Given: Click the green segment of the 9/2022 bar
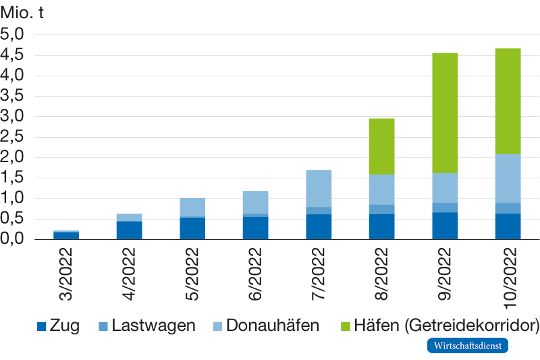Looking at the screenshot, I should pos(445,113).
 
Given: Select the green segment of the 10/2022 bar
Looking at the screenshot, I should pos(508,101).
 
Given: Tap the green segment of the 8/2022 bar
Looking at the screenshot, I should pos(381,146).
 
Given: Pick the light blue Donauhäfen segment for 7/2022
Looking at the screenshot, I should pos(318,188).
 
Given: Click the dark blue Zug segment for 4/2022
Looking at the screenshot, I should pos(129,230).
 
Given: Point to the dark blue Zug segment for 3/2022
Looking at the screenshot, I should pos(66,236).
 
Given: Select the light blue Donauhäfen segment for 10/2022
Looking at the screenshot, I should pos(508,178).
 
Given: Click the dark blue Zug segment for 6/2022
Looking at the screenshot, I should pos(255,228).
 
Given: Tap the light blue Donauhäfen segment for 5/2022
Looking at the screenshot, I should pos(192,207).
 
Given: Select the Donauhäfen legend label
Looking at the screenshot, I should pos(273,326).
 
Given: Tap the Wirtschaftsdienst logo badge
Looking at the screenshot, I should pos(466,346).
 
